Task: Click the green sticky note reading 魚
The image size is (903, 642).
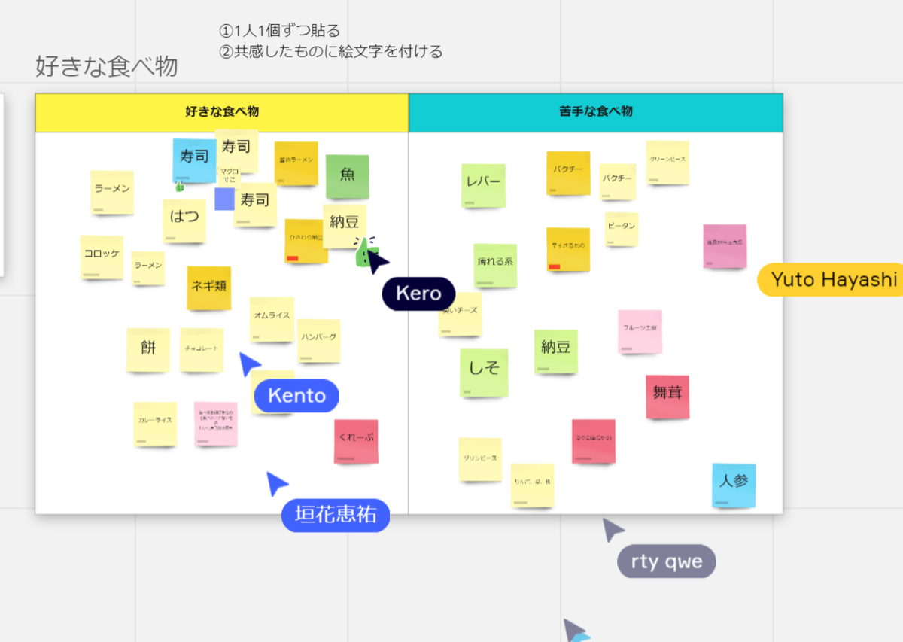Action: click(347, 176)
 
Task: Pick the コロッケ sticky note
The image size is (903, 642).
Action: click(102, 257)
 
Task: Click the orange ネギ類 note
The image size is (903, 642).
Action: click(209, 288)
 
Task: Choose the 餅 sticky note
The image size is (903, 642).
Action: click(148, 349)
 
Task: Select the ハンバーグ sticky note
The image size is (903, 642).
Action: click(319, 339)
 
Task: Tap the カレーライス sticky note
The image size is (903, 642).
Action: click(155, 423)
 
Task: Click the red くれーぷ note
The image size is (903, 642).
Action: click(356, 440)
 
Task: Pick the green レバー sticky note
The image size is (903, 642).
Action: click(483, 184)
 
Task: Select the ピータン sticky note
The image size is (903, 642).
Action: click(622, 228)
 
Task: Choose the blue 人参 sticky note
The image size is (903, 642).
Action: click(734, 484)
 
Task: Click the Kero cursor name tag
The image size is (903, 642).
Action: click(418, 294)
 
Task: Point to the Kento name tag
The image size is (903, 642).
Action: click(296, 396)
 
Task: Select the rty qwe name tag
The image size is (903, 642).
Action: click(666, 561)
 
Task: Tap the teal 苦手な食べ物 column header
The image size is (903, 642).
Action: click(595, 112)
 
